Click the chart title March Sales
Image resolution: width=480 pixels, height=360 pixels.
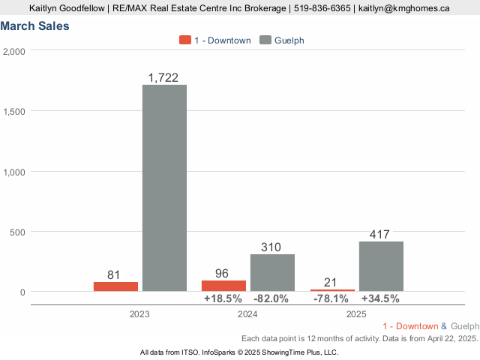click(35, 26)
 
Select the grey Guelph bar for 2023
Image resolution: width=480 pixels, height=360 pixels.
click(164, 187)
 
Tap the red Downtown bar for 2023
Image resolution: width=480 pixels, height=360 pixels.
click(115, 286)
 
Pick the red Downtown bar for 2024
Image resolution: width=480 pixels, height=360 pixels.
click(223, 286)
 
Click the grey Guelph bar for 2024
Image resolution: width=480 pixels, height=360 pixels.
click(272, 272)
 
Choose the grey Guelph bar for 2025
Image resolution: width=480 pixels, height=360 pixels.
click(381, 266)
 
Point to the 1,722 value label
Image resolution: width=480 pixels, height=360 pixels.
click(163, 77)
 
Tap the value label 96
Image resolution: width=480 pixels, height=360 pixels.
click(222, 274)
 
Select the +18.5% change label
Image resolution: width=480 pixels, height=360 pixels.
click(223, 298)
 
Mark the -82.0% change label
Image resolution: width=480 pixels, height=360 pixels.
click(271, 298)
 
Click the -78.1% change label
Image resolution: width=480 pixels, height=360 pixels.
click(331, 298)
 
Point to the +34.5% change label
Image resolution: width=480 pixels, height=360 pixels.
click(380, 298)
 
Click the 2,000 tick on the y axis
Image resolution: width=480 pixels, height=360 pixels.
click(14, 51)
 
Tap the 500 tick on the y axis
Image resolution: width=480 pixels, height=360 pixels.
click(17, 232)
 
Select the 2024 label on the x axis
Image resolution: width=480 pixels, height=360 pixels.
click(247, 314)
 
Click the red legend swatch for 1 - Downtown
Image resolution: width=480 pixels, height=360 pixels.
click(185, 40)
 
